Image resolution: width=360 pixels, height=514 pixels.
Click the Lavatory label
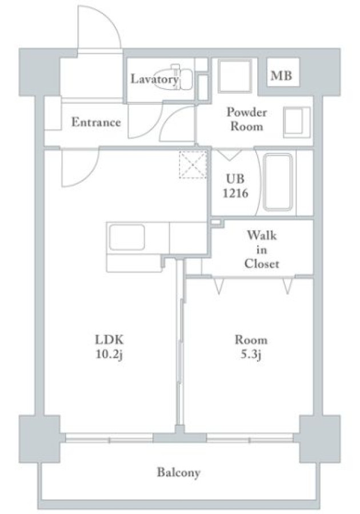[154, 79]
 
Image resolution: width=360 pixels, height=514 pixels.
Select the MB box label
[281, 76]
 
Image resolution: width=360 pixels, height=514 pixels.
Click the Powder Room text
[246, 119]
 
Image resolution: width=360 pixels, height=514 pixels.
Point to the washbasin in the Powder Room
[297, 122]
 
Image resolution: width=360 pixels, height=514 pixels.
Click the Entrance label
[96, 122]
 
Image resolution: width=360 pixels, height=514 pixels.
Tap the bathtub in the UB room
[278, 182]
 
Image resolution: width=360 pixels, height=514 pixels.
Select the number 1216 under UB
[235, 193]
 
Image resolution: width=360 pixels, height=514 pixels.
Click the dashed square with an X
[193, 164]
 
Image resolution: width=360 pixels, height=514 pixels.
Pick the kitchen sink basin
[127, 237]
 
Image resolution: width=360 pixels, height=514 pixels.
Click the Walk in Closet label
[262, 250]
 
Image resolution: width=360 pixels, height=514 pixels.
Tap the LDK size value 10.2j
[109, 355]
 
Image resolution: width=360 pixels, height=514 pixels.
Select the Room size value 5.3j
[251, 355]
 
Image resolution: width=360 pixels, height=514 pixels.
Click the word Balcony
[178, 472]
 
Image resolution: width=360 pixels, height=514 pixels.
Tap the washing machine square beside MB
[235, 76]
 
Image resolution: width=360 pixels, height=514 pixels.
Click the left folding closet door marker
[219, 285]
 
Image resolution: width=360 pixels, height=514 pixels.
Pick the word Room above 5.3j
[251, 340]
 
